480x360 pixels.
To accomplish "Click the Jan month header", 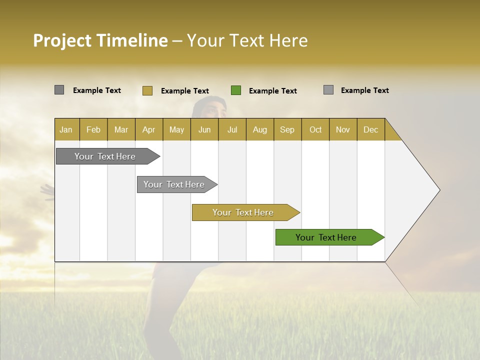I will pyautogui.click(x=66, y=129).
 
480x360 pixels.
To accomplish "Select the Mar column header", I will pyautogui.click(x=121, y=129).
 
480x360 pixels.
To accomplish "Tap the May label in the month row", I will pyautogui.click(x=176, y=129).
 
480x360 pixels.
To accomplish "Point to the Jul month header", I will pyautogui.click(x=232, y=129).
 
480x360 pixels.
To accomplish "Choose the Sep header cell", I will pyautogui.click(x=287, y=129).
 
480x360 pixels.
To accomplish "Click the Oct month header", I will pyautogui.click(x=315, y=129).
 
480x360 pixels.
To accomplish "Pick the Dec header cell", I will pyautogui.click(x=370, y=129).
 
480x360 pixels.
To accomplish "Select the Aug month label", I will pyautogui.click(x=259, y=129).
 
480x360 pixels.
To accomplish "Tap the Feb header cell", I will pyautogui.click(x=93, y=129).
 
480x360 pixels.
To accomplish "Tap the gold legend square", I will pyautogui.click(x=147, y=90).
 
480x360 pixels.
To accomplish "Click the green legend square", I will pyautogui.click(x=236, y=90).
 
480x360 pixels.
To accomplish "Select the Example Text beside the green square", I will pyautogui.click(x=272, y=91).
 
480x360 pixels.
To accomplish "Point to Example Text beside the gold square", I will pyautogui.click(x=184, y=91).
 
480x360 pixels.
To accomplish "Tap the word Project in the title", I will pyautogui.click(x=62, y=40).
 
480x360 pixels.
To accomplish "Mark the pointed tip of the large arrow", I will pyautogui.click(x=439, y=190).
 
